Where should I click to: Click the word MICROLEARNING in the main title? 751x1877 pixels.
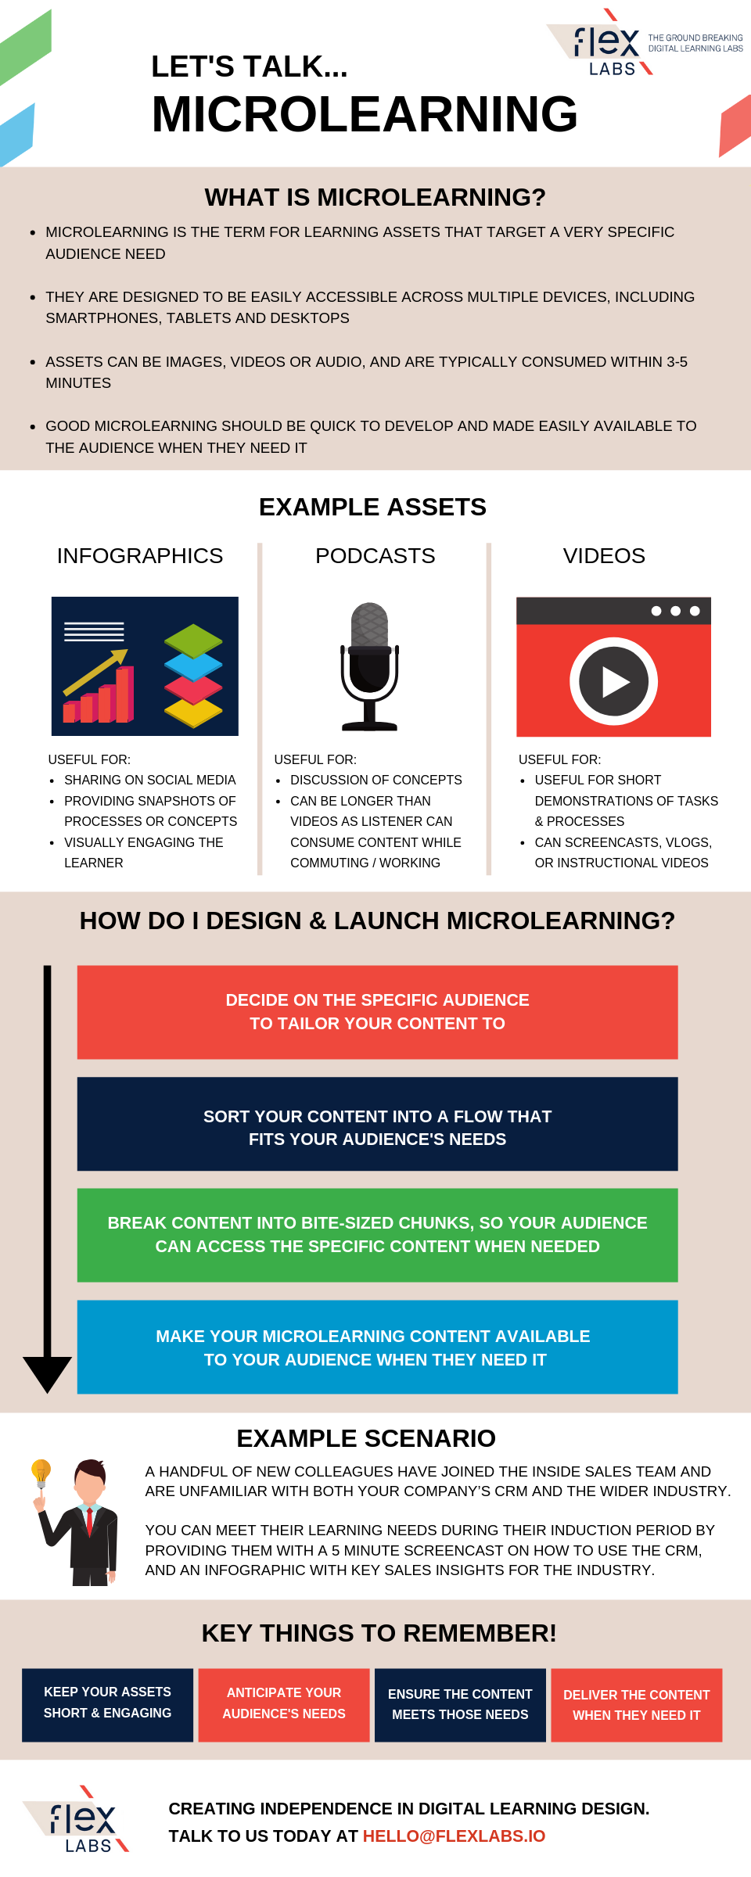365,114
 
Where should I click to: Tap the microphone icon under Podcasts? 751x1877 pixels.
369,666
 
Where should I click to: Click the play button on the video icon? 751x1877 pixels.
613,681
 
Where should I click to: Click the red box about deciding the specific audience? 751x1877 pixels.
377,1012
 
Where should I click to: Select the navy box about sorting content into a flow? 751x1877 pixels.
377,1124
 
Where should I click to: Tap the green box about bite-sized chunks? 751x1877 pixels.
377,1235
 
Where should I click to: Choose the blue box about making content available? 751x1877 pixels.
377,1347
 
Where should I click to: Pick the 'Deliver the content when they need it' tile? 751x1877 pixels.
637,1705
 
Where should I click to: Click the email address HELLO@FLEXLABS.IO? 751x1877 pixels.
454,1836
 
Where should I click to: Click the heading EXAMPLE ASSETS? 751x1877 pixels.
372,507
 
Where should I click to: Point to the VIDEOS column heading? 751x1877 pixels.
604,555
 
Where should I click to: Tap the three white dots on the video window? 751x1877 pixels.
676,611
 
